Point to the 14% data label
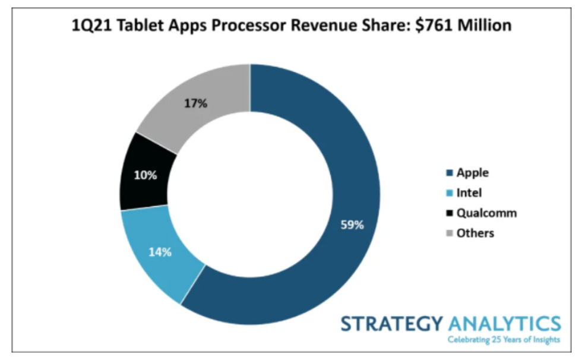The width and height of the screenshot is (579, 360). [x=160, y=251]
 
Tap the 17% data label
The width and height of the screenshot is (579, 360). [x=196, y=103]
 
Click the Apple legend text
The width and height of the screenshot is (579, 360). [x=473, y=173]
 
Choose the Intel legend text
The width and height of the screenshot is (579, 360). [x=469, y=192]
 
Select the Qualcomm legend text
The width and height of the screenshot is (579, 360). [x=486, y=213]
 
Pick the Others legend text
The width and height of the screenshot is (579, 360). [x=475, y=233]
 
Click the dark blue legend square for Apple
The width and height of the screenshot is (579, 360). [x=448, y=173]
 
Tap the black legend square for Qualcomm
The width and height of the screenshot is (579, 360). [x=448, y=213]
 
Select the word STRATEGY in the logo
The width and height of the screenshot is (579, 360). [x=391, y=324]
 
